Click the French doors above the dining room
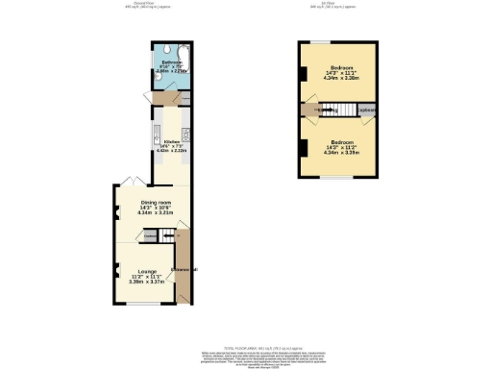(130, 182)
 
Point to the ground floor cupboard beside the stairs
(151, 236)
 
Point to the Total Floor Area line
(245, 348)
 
